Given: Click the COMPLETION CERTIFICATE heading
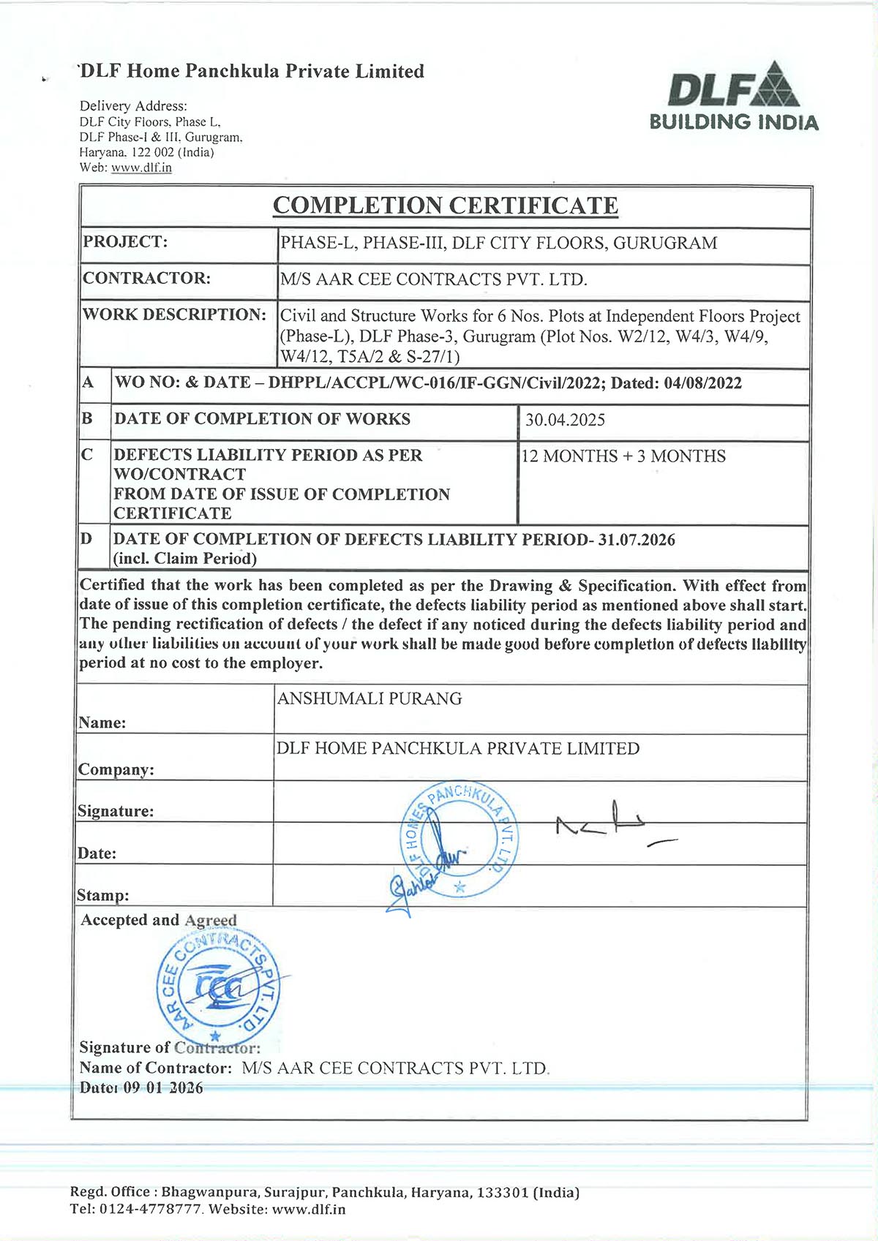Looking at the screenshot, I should pyautogui.click(x=445, y=205).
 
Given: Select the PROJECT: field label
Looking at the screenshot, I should pyautogui.click(x=125, y=242).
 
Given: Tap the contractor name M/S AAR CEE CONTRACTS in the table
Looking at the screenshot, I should pyautogui.click(x=433, y=279).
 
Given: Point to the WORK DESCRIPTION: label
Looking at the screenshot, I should pyautogui.click(x=174, y=314).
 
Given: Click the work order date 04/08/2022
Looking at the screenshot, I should pyautogui.click(x=702, y=383).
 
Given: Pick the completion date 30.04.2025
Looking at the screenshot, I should pyautogui.click(x=565, y=420).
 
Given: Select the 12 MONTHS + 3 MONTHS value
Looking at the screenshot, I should pyautogui.click(x=623, y=456).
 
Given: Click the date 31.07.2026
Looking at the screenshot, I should pyautogui.click(x=637, y=540).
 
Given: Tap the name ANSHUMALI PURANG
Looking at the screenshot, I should pyautogui.click(x=369, y=698).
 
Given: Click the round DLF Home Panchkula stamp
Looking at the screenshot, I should pyautogui.click(x=461, y=839).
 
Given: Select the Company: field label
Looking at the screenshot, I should pyautogui.click(x=116, y=770).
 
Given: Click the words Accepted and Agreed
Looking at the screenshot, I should pyautogui.click(x=159, y=920).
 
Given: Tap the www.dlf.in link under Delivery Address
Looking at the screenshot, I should pyautogui.click(x=141, y=167).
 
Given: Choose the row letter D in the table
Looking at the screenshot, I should pyautogui.click(x=86, y=539).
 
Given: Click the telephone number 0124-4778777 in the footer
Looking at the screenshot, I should pyautogui.click(x=151, y=1209).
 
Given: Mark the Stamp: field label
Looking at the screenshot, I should pyautogui.click(x=102, y=895).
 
